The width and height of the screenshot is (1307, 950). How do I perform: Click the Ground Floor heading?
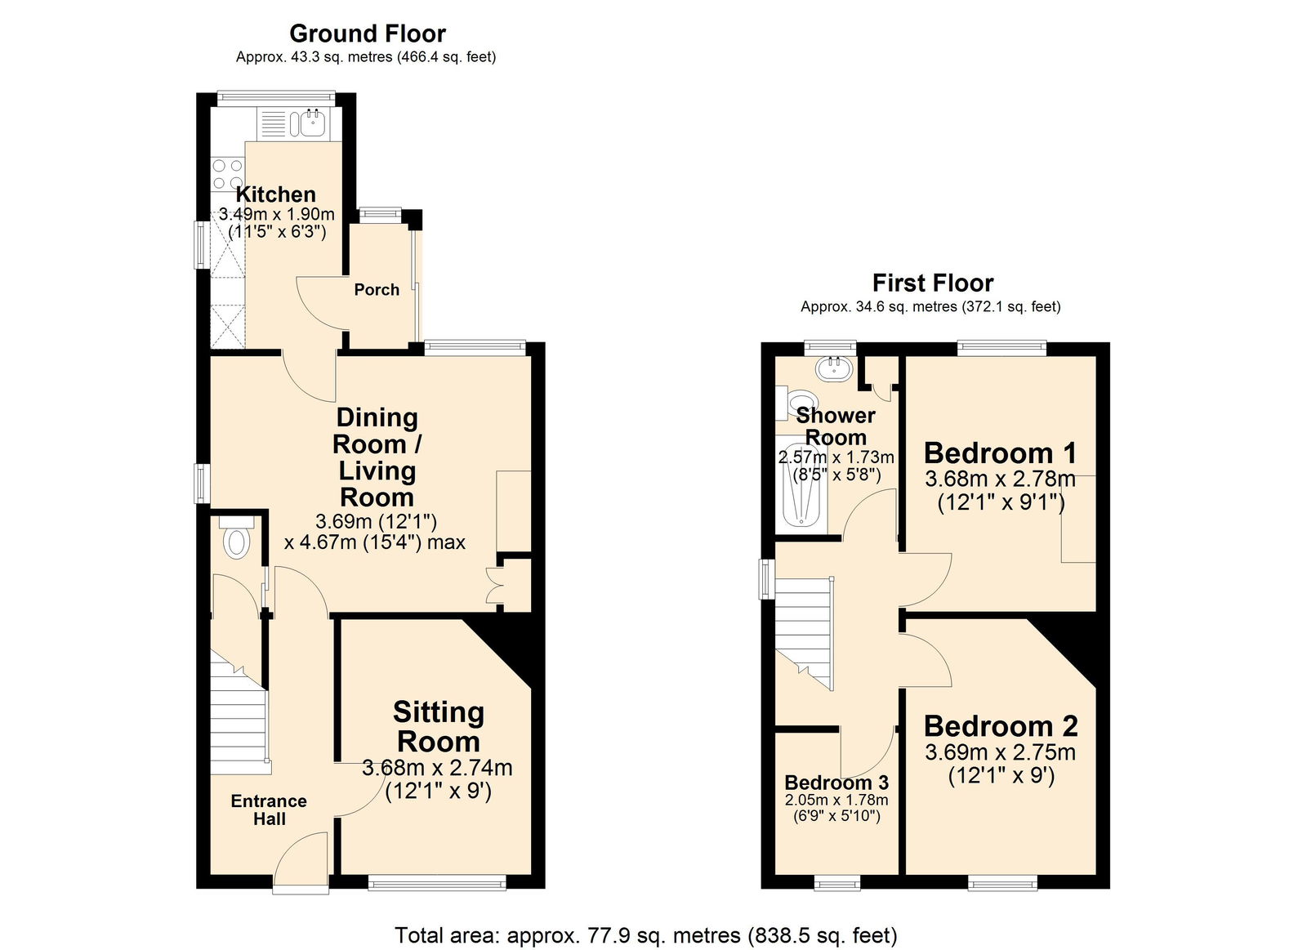tap(368, 33)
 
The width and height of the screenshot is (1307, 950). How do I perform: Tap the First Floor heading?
tap(932, 283)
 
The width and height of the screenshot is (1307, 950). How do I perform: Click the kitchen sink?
tap(312, 123)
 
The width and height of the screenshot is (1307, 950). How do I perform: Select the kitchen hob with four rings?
tap(228, 174)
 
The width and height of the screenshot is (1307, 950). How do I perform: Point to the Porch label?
tap(377, 290)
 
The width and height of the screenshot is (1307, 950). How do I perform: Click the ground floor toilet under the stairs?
tap(237, 542)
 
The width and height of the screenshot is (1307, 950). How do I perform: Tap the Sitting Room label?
tap(439, 726)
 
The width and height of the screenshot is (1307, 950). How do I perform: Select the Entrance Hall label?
tap(269, 810)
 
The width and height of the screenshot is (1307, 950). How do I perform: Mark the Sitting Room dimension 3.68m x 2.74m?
tap(437, 768)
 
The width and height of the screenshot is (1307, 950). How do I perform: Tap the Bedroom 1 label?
tap(1000, 453)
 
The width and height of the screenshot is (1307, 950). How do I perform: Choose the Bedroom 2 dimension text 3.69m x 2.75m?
tap(1000, 752)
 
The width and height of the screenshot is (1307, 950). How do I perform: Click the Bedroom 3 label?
tap(836, 783)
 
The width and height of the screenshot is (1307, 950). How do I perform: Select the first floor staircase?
tap(804, 630)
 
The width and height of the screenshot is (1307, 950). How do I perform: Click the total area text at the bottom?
tap(645, 934)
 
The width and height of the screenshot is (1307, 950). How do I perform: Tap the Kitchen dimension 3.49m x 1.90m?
tap(277, 215)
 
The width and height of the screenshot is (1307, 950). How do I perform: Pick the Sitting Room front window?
tap(436, 882)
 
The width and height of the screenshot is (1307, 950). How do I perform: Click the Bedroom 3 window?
tap(837, 882)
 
